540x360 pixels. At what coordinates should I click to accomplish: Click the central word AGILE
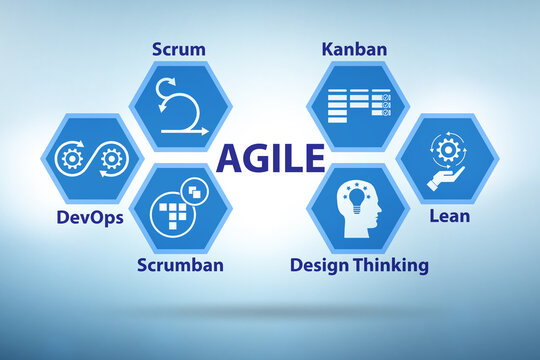click(271, 157)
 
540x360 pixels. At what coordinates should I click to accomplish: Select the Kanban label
click(355, 47)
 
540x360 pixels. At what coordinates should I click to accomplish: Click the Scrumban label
click(181, 265)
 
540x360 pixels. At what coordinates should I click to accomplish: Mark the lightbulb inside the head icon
click(354, 199)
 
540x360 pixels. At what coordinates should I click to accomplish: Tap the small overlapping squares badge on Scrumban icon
click(196, 188)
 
